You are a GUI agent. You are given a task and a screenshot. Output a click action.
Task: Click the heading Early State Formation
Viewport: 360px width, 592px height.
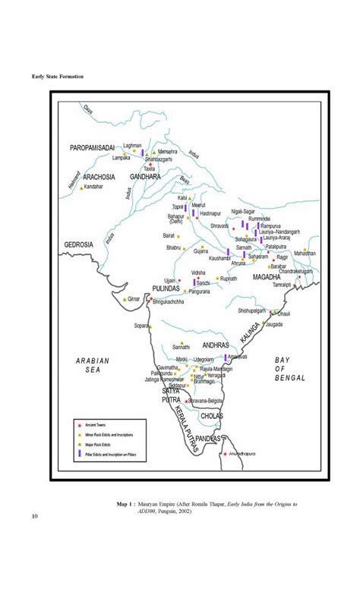tap(58, 77)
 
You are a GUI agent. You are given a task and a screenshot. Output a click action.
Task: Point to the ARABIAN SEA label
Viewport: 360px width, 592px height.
tap(93, 366)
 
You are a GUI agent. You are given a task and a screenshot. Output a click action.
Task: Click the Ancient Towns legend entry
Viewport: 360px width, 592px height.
tap(96, 424)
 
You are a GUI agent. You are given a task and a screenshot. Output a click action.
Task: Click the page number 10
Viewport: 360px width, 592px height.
tap(35, 518)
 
